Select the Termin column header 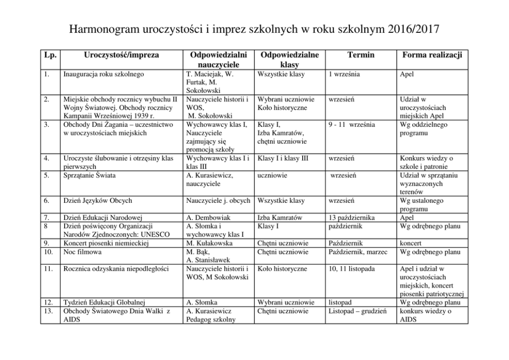pos(360,55)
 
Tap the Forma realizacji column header pos(432,55)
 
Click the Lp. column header pos(49,55)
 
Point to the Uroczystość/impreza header pos(121,55)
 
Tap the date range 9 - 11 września pos(351,125)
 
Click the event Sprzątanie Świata pos(89,176)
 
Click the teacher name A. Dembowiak pos(209,218)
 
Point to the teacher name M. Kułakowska pos(210,243)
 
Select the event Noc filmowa pos(82,252)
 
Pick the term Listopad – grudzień pos(357,311)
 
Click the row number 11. pos(47,269)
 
